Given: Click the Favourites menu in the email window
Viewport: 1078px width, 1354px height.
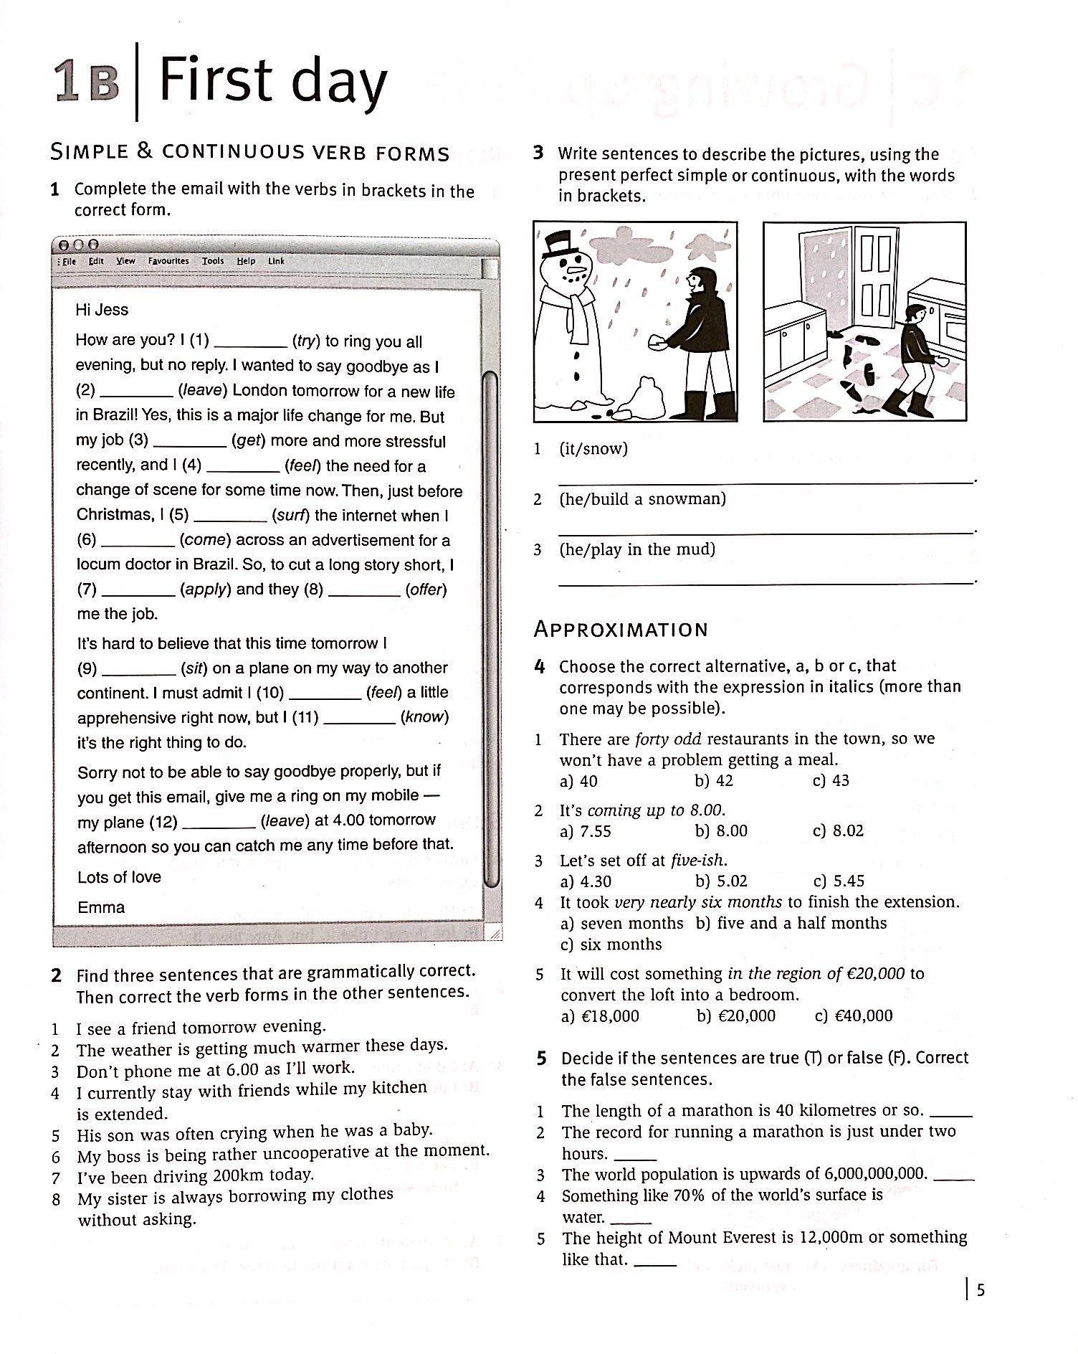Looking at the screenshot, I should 168,261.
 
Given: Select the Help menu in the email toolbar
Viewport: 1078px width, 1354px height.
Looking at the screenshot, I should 246,261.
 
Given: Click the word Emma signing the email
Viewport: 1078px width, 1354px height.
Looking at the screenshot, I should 101,907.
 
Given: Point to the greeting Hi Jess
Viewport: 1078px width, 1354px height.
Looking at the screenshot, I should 102,310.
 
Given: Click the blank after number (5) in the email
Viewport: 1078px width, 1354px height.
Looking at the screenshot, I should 230,516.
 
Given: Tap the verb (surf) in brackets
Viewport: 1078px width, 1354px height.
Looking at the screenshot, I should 290,516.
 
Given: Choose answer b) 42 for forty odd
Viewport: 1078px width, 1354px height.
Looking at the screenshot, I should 714,781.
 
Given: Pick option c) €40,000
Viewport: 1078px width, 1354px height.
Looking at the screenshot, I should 854,1015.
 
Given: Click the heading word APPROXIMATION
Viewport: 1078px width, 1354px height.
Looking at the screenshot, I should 621,630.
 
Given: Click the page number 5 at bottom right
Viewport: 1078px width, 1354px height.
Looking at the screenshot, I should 981,1291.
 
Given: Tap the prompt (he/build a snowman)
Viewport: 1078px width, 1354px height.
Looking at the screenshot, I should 642,499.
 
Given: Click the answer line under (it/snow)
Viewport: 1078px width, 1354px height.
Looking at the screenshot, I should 765,483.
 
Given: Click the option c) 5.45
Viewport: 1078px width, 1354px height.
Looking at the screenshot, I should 839,881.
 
